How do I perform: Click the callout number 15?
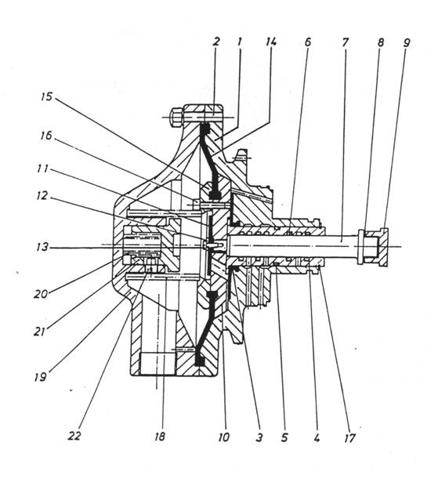(47, 97)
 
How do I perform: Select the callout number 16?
(45, 136)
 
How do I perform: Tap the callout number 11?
(42, 169)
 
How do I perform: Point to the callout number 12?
(42, 195)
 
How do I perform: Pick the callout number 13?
(42, 246)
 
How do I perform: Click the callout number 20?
(41, 294)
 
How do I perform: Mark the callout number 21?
(39, 332)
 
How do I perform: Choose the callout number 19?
(40, 377)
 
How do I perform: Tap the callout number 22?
(74, 436)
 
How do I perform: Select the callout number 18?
(159, 436)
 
